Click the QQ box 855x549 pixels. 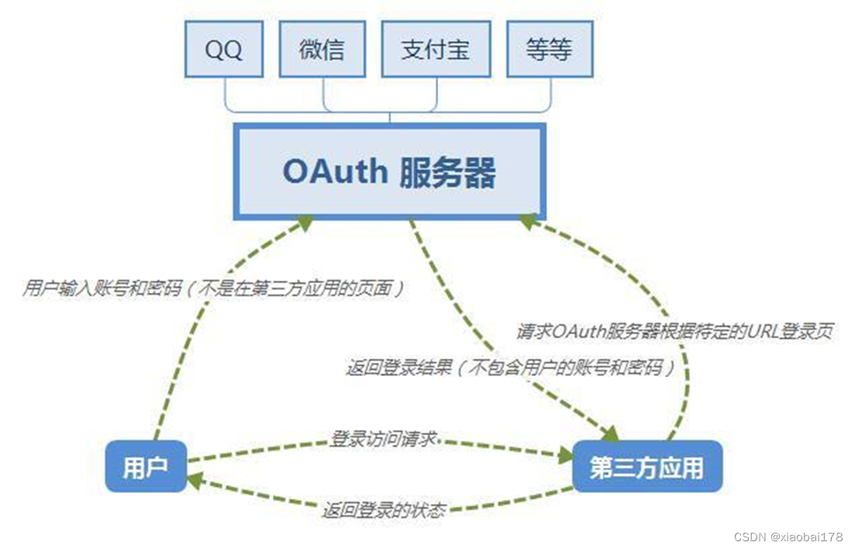click(224, 49)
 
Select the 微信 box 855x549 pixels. click(322, 49)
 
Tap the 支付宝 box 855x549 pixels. click(436, 49)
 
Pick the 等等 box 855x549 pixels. click(549, 49)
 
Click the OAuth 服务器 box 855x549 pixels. click(390, 171)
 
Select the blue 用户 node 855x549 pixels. click(146, 468)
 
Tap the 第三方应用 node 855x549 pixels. click(646, 468)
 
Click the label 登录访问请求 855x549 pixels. click(383, 440)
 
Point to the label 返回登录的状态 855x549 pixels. click(384, 510)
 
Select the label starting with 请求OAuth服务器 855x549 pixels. click(674, 331)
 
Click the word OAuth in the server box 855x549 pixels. click(336, 171)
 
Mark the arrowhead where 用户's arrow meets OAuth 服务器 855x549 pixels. click(303, 223)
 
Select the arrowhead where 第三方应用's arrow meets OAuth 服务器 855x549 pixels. click(529, 223)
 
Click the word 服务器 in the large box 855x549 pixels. click(448, 171)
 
